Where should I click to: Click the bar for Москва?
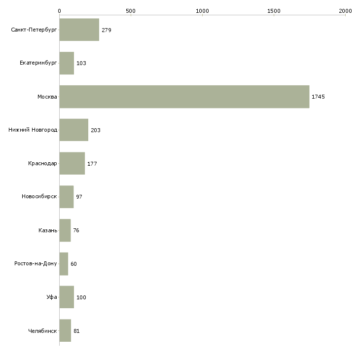[184, 97]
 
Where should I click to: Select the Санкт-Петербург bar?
[79, 30]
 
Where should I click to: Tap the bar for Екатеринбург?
[67, 63]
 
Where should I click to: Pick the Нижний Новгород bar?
[74, 130]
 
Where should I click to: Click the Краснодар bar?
[72, 163]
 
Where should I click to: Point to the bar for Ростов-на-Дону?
[64, 264]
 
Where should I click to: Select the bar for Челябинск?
[65, 330]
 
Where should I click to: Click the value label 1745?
[318, 97]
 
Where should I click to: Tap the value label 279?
[107, 30]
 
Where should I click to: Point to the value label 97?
[79, 197]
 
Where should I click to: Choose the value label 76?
[76, 230]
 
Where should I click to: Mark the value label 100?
[81, 297]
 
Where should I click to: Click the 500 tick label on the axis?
[131, 11]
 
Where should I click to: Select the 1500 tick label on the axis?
[274, 11]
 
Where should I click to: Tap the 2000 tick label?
[345, 11]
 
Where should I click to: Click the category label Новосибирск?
[39, 197]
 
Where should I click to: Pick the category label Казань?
[48, 230]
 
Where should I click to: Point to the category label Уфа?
[52, 297]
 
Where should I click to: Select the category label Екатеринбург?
[38, 63]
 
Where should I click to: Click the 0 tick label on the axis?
[60, 11]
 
